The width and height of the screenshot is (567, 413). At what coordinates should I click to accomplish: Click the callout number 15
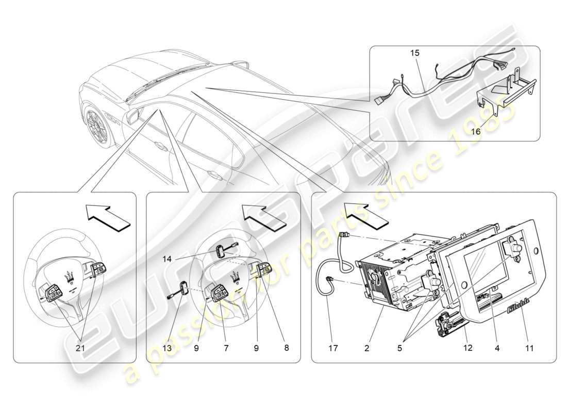[x=415, y=53]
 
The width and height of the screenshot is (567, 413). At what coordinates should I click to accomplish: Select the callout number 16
[x=475, y=131]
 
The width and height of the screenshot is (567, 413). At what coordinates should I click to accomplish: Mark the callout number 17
[x=333, y=348]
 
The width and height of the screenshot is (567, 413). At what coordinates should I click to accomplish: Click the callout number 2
[x=366, y=348]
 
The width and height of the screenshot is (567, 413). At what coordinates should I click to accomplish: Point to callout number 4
[x=497, y=348]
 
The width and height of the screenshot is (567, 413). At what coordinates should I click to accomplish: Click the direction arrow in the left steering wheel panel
[x=107, y=216]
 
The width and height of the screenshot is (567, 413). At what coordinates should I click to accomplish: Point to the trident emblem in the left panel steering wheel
[x=68, y=276]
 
